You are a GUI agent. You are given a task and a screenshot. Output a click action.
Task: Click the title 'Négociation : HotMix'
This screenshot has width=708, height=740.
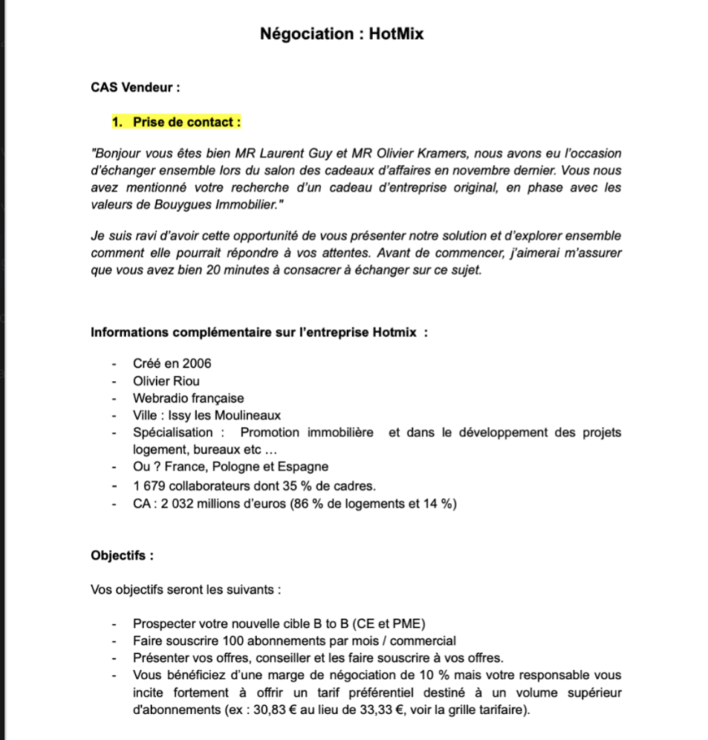click(x=342, y=33)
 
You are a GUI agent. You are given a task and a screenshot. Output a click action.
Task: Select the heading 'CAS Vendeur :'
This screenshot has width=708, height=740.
click(x=135, y=87)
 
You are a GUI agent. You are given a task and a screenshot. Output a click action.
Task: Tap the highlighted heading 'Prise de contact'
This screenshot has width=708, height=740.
click(x=186, y=122)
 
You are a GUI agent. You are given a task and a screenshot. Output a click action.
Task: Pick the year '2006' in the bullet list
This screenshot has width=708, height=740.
click(x=197, y=363)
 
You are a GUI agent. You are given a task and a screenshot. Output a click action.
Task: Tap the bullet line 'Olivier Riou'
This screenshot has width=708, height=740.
click(x=166, y=381)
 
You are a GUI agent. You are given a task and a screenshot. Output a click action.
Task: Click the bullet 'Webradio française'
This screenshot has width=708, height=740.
click(x=188, y=398)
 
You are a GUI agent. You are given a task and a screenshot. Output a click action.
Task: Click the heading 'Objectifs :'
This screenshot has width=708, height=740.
click(x=122, y=556)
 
